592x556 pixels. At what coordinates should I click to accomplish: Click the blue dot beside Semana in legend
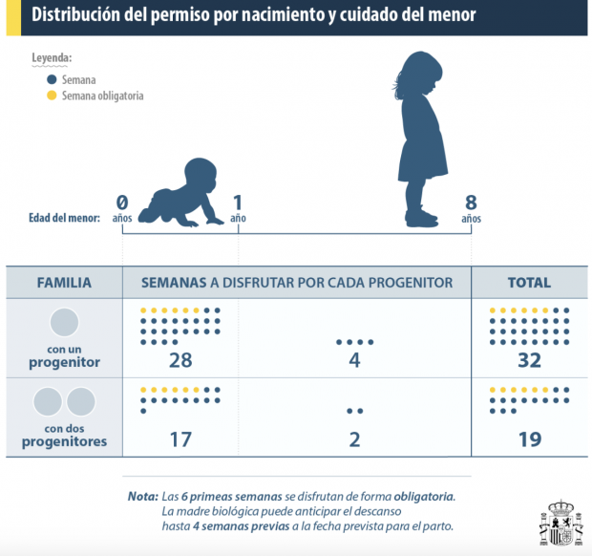(52, 79)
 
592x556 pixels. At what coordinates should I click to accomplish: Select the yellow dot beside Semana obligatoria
(52, 96)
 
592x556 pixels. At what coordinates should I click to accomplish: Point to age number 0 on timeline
(122, 202)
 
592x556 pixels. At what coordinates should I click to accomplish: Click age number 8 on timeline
(470, 202)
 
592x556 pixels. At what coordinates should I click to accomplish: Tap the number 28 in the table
(180, 360)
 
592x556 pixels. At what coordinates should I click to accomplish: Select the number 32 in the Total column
(528, 360)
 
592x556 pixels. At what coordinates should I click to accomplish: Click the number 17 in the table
(180, 439)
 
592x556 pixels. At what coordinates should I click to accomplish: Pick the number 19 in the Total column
(528, 439)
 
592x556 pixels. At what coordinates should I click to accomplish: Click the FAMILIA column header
(64, 283)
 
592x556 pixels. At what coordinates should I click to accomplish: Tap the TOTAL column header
(528, 283)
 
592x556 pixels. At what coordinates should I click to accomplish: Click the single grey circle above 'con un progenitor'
(64, 322)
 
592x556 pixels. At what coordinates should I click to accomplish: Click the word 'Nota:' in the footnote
(142, 497)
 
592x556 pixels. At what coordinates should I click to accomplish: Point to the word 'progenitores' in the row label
(64, 442)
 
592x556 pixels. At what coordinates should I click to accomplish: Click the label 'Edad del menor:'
(64, 217)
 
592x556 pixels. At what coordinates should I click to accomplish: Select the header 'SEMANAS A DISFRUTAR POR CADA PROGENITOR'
(297, 283)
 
